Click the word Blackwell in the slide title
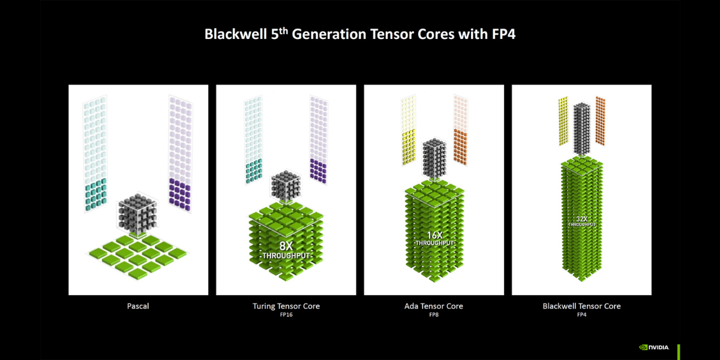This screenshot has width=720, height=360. pos(236,34)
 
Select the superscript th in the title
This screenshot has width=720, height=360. pos(283,31)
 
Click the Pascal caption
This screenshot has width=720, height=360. pos(138,306)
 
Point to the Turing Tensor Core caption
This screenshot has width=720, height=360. pos(286,306)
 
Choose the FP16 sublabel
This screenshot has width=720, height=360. pos(286,314)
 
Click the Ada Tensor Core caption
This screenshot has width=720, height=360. pos(434,306)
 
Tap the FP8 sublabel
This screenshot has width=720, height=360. pos(434,314)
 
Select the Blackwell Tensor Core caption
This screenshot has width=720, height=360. pos(581,306)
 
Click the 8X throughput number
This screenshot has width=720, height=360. pos(286,246)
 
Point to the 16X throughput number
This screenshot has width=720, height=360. pos(434,235)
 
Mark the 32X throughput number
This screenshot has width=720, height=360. pos(582,219)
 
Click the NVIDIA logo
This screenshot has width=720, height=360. pos(654,347)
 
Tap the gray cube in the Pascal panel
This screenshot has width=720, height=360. pos(137,214)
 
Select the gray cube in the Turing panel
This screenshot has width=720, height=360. pos(286,187)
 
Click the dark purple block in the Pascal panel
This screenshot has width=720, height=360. pos(179,195)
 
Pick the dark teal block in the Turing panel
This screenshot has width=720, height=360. pos(254,171)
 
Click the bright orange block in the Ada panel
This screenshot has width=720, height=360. pos(460,146)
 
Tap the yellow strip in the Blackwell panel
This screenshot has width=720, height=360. pos(563,121)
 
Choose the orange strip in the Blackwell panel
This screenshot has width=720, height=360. pos(601,121)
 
